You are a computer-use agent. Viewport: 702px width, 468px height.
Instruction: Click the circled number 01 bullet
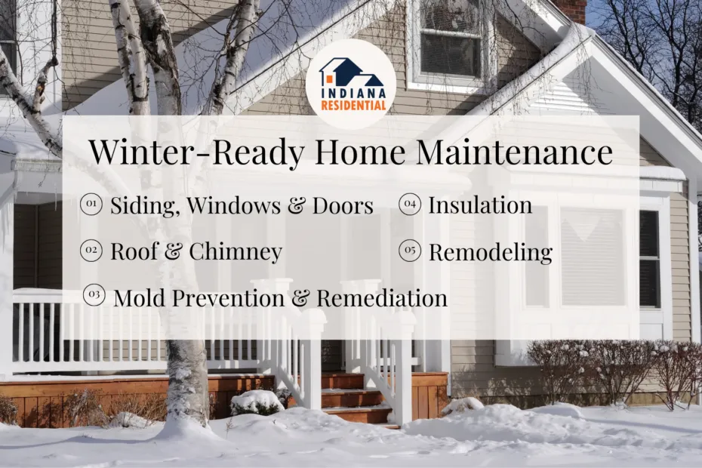click(x=91, y=205)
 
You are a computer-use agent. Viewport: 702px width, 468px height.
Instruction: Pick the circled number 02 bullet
click(x=91, y=251)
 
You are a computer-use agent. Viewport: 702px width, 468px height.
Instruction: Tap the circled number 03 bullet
click(x=94, y=297)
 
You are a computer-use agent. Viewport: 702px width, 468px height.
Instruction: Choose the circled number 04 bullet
click(x=409, y=205)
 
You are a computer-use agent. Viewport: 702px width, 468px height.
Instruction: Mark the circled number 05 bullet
click(x=409, y=251)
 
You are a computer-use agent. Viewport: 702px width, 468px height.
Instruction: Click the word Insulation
click(x=480, y=205)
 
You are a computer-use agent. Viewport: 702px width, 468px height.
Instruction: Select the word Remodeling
click(x=490, y=252)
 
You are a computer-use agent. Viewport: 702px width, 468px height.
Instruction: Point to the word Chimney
click(x=235, y=252)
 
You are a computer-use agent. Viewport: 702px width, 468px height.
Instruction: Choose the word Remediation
click(x=382, y=298)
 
